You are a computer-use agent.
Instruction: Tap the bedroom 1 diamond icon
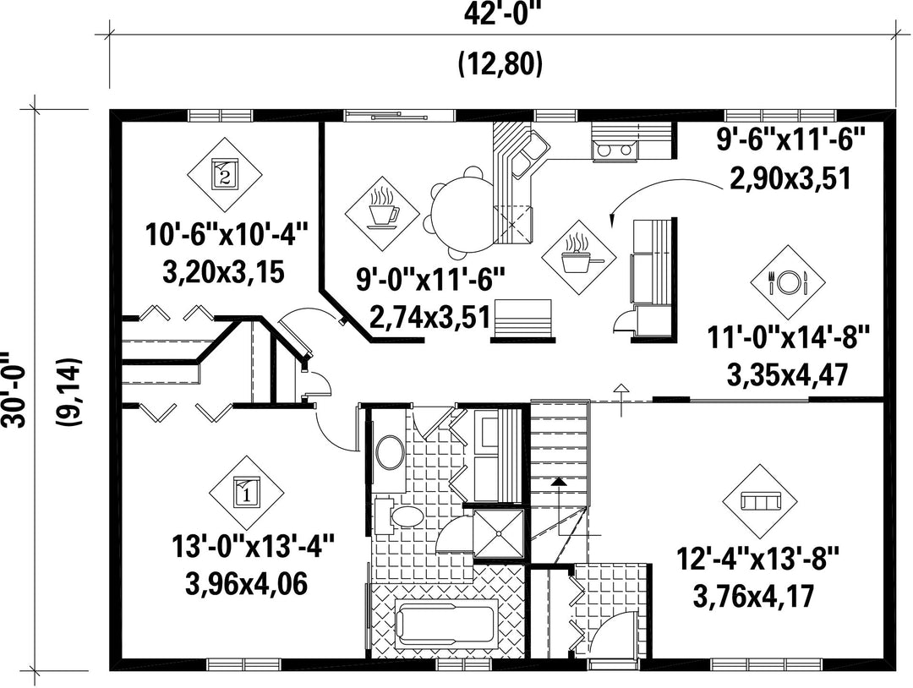pos(247,493)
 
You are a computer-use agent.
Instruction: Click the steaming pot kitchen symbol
pos(577,257)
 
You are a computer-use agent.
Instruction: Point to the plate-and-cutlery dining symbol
pos(788,282)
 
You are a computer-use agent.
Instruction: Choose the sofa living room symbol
pos(759,500)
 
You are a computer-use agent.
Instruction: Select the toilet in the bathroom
pos(400,515)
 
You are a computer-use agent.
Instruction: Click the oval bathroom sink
pos(391,452)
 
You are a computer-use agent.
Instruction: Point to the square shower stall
pos(499,534)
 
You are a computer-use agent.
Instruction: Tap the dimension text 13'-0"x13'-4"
pos(254,548)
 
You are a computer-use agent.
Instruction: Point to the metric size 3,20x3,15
pos(223,271)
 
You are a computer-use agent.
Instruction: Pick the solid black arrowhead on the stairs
pos(559,482)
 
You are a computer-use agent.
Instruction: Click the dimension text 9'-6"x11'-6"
pos(790,140)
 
